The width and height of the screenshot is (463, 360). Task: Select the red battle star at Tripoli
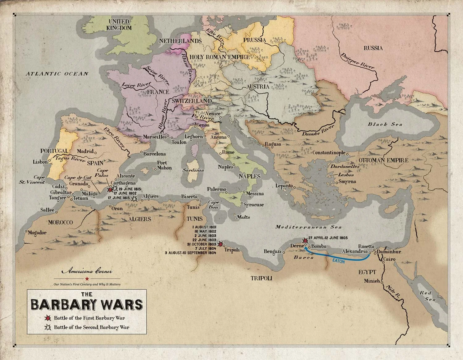pos(220,244)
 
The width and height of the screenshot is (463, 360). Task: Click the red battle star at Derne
pos(305,240)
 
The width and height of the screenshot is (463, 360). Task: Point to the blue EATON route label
pos(339,260)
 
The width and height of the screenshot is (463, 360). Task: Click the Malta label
pos(243,217)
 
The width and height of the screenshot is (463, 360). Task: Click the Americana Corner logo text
pos(87,272)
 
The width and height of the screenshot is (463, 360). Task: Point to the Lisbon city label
pos(40,162)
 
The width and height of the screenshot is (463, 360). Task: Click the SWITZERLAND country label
pos(192,101)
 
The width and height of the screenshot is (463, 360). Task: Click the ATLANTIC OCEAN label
pos(57,74)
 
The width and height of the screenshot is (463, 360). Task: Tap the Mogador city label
pos(37,233)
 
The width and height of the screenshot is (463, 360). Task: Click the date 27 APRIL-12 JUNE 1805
pos(328,238)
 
